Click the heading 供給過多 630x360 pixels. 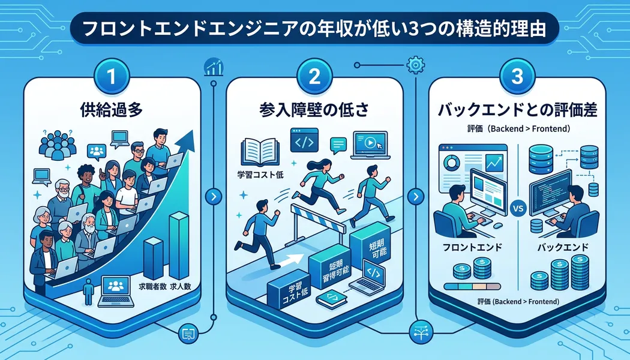pos(114,110)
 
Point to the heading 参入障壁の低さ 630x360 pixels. pos(314,110)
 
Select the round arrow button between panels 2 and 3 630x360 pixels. pos(415,196)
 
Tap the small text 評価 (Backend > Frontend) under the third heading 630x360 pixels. pos(518,129)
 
